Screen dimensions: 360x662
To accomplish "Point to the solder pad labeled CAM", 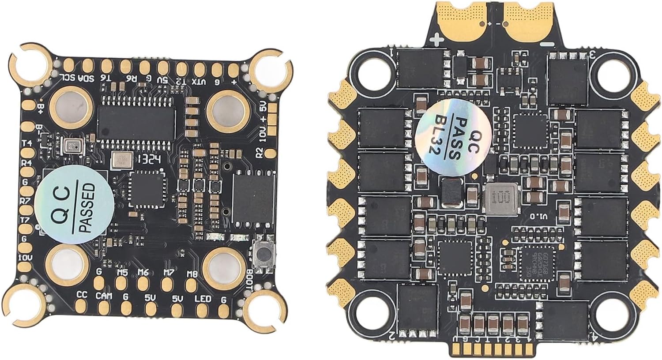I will [104, 307].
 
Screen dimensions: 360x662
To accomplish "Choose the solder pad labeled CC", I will [82, 306].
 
